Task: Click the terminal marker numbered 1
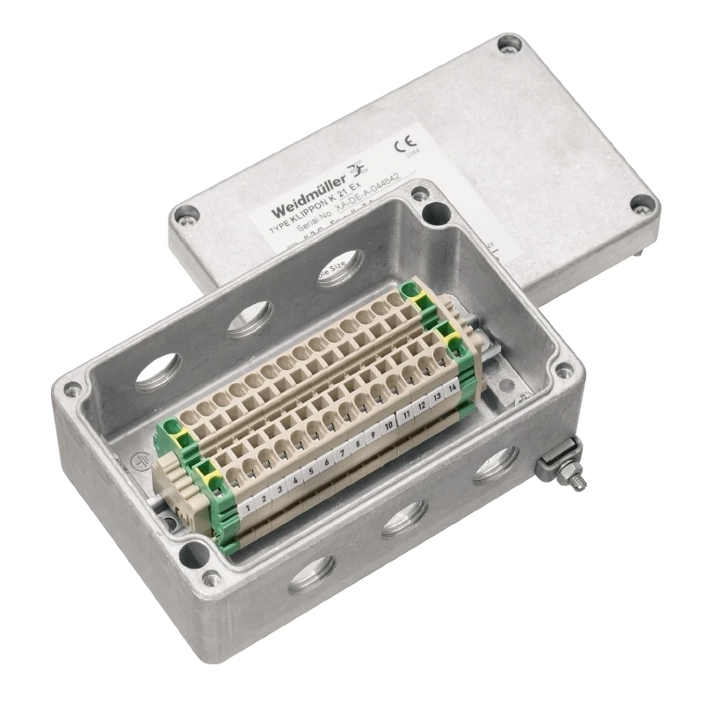click(250, 506)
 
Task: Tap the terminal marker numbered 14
click(452, 387)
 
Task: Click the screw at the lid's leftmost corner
click(185, 213)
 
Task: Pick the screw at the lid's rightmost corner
click(645, 206)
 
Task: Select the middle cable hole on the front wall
click(404, 518)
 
